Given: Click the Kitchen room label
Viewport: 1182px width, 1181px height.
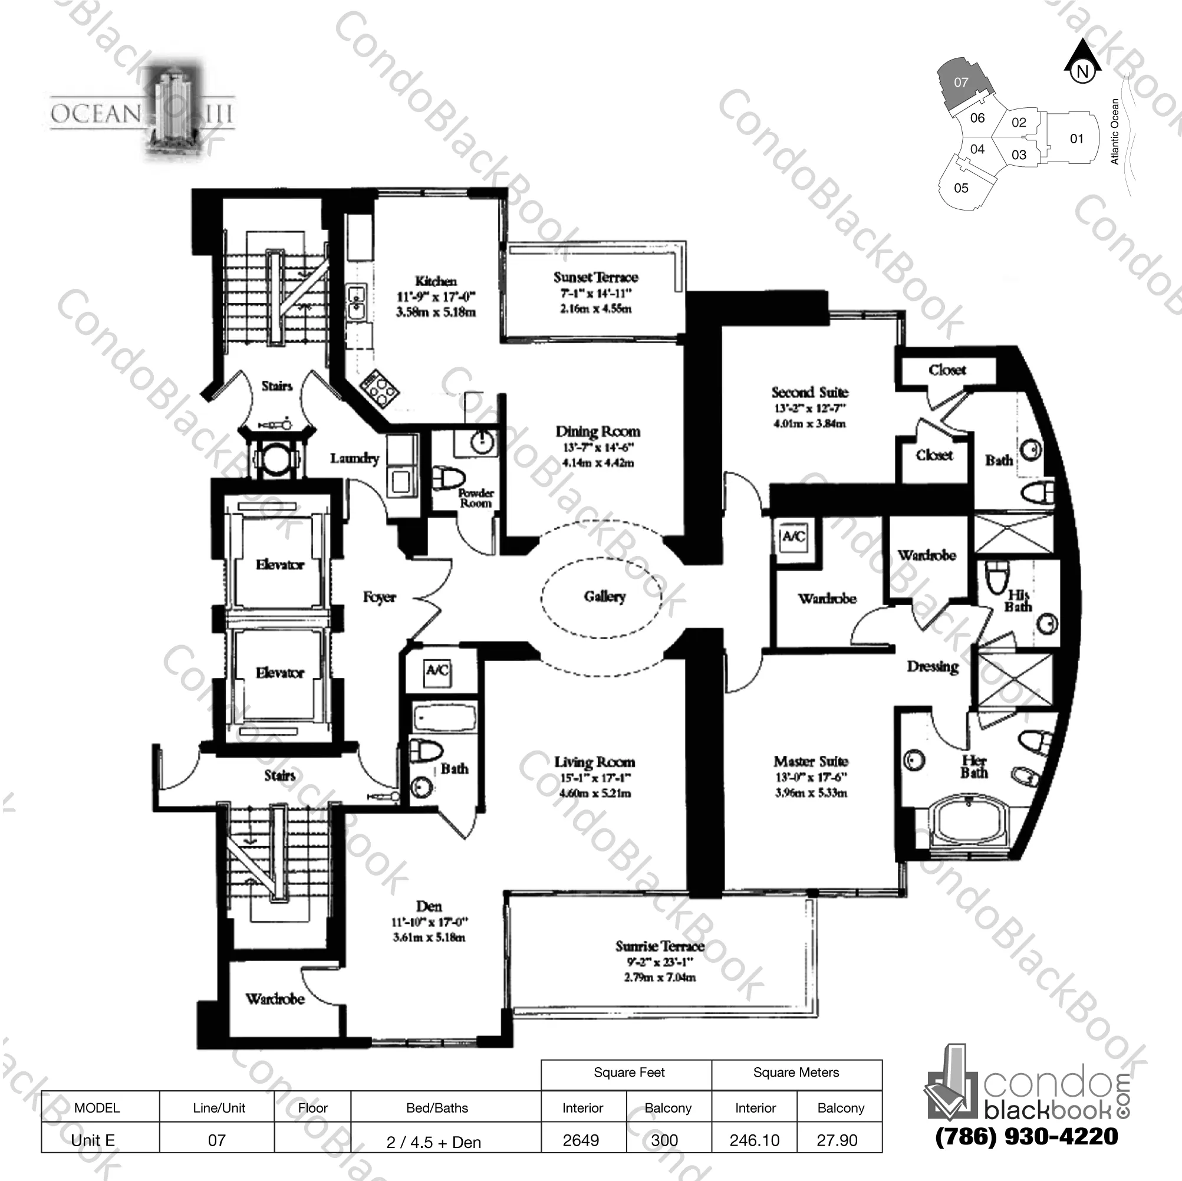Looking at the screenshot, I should coord(436,281).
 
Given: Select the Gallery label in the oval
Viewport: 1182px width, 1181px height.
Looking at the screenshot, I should coord(604,597).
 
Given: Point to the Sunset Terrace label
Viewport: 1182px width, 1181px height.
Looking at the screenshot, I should coord(595,277).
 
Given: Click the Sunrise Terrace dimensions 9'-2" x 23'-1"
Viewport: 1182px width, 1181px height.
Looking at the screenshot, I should coord(659,962).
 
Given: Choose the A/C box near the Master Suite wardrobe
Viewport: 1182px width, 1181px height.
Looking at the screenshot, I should coord(793,537).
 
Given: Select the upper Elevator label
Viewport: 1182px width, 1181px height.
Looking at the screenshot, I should coord(279,564).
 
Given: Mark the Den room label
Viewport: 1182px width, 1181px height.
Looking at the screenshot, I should coord(428,906).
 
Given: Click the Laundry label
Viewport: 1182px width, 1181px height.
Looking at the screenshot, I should coord(354,458).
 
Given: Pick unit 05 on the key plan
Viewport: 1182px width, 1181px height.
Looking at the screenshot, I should coord(961,188).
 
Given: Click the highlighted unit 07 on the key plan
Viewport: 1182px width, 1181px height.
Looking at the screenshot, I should coord(961,82).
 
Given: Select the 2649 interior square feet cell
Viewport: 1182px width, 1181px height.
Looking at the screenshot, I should coord(581,1140).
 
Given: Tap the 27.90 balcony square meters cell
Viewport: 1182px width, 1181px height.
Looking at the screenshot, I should coord(837,1140).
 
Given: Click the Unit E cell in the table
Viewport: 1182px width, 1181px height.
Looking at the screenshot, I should coord(93,1140).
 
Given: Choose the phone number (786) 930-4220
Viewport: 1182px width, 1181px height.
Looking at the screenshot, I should coord(1026,1137).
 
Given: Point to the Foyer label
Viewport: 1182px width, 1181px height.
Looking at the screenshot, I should coord(379,597).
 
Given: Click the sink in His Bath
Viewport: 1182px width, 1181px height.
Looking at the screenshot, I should coord(1048,624).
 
